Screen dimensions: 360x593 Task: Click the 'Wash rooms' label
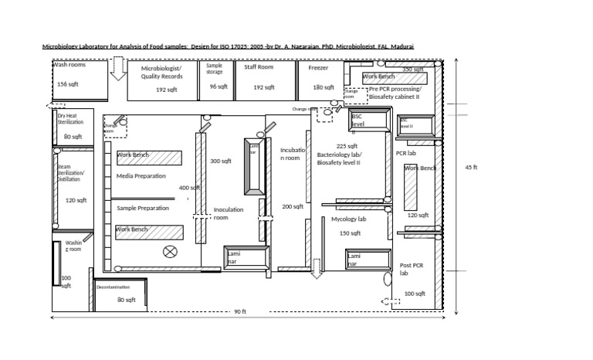(x=69, y=65)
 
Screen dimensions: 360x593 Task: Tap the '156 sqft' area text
(x=68, y=84)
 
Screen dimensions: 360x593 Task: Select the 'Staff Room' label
(x=259, y=68)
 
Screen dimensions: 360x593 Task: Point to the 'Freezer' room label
(x=318, y=68)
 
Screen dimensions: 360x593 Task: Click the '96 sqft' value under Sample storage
(x=219, y=87)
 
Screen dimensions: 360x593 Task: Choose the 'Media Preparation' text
(x=141, y=176)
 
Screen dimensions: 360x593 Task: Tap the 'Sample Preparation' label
(x=143, y=208)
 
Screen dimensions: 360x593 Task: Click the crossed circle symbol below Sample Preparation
(x=170, y=251)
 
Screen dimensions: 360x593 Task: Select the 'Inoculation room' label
(x=229, y=213)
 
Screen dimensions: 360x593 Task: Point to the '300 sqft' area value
(x=221, y=161)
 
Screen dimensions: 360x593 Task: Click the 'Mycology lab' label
(x=348, y=219)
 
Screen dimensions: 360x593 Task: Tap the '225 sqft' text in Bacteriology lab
(x=347, y=146)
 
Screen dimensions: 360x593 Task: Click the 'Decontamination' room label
(x=114, y=287)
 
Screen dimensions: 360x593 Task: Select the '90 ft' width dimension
(x=239, y=312)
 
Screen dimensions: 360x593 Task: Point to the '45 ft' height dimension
(x=470, y=168)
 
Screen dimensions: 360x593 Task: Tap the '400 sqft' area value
(x=189, y=188)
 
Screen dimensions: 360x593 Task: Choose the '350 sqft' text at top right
(x=413, y=70)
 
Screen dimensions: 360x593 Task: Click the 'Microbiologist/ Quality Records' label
(x=161, y=73)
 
